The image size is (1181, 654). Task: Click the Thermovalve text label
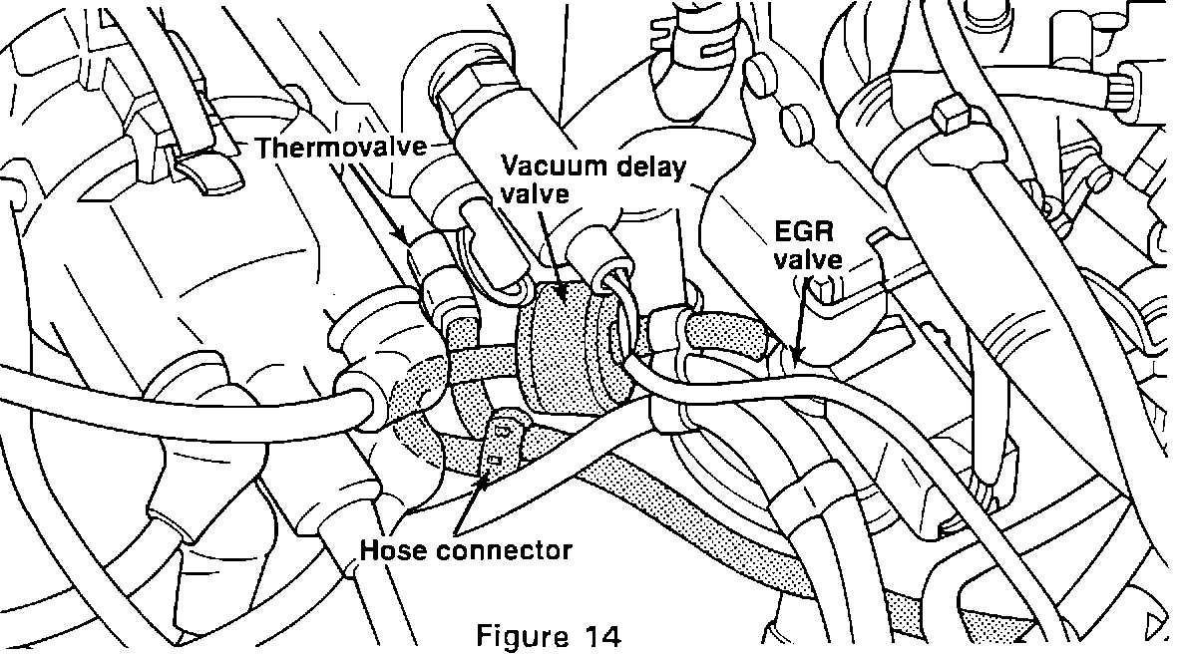point(340,148)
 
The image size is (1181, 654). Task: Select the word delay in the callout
point(650,165)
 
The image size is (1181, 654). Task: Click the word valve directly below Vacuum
point(535,192)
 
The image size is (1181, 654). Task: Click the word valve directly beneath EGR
point(812,261)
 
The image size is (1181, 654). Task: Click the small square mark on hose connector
point(494,460)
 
